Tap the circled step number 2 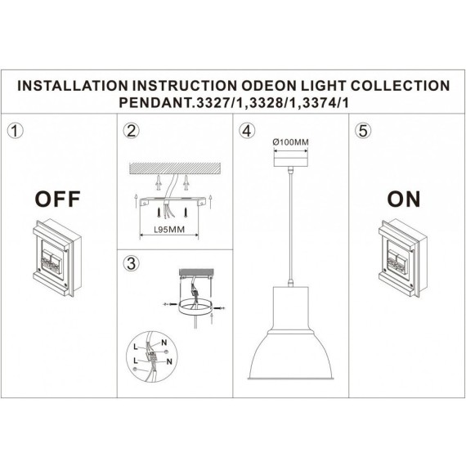131,132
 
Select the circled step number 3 131,262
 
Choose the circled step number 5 361,132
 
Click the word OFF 57,199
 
